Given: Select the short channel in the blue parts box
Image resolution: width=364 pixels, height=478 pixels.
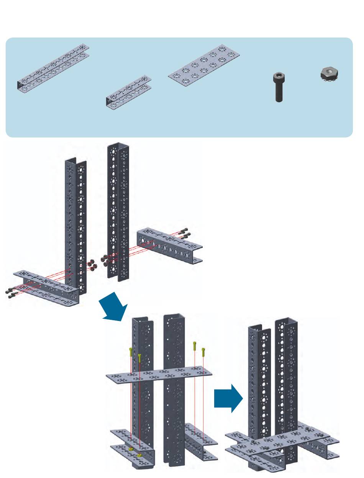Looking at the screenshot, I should pos(129,92).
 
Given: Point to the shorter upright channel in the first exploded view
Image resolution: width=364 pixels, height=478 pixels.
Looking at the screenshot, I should pos(76,222).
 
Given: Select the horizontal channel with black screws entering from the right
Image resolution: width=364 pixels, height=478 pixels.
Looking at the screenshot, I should pos(169,243).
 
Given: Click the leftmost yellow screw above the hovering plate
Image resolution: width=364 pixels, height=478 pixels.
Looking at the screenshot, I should pos(131,351).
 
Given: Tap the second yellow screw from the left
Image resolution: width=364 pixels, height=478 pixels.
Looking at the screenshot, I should pos(139,357).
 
